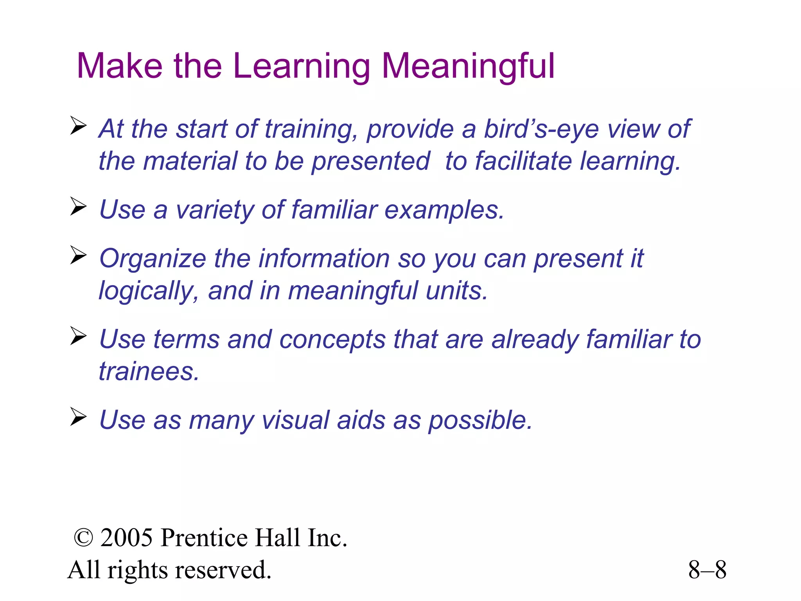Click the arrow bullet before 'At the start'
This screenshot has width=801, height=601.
[x=78, y=126]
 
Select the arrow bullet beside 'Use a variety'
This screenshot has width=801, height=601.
[x=78, y=207]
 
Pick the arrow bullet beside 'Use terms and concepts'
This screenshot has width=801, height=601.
[x=78, y=336]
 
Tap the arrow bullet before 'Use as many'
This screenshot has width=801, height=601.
[x=78, y=417]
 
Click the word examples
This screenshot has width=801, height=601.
[x=444, y=210]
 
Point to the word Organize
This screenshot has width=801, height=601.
[x=153, y=259]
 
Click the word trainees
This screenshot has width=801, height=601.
[x=149, y=371]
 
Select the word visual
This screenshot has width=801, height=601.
[x=295, y=420]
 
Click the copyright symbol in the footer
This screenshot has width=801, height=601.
[x=83, y=538]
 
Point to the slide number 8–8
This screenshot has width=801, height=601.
[x=707, y=570]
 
